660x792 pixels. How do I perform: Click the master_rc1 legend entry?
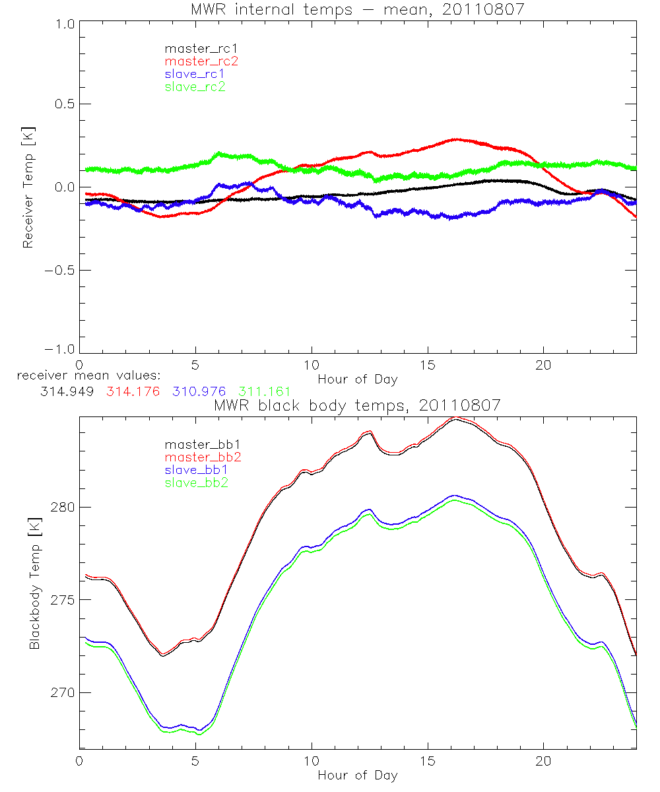195,49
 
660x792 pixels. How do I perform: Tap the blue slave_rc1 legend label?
195,74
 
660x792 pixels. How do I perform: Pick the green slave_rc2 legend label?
195,86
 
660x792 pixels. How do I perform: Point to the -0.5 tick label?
59,271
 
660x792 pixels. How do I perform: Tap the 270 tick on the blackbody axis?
61,693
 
